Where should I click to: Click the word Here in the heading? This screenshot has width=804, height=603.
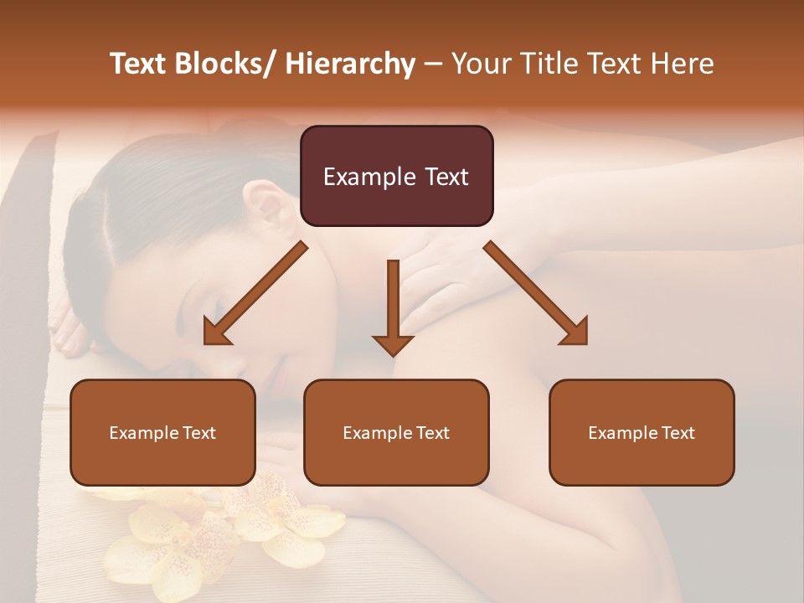click(x=683, y=64)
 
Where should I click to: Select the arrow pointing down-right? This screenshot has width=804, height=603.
click(x=537, y=294)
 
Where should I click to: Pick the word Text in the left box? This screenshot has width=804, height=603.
click(x=198, y=433)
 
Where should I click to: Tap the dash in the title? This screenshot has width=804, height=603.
click(x=433, y=64)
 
